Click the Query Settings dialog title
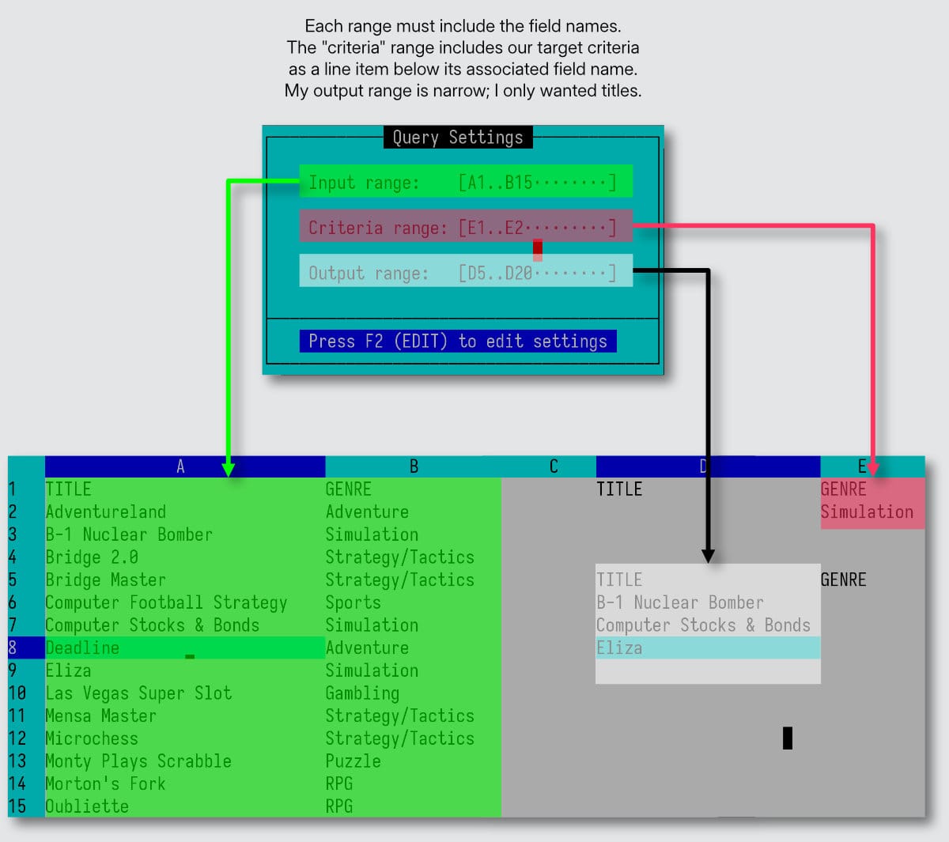(x=458, y=138)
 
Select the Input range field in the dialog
(x=465, y=182)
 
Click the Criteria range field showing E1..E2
(x=465, y=227)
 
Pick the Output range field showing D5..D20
(x=465, y=272)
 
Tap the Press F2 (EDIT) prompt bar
(x=458, y=341)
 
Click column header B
(x=413, y=466)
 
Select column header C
(x=553, y=466)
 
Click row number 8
(x=13, y=648)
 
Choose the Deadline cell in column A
(x=82, y=648)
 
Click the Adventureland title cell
(x=105, y=512)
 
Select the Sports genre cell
(x=353, y=602)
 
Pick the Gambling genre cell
(x=362, y=693)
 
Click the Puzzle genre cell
(x=353, y=761)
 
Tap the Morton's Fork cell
(x=105, y=783)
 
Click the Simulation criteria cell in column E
(x=867, y=512)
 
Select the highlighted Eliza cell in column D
(x=619, y=648)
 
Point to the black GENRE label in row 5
(x=843, y=580)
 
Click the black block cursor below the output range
(x=787, y=738)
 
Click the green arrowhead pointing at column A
(x=229, y=469)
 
